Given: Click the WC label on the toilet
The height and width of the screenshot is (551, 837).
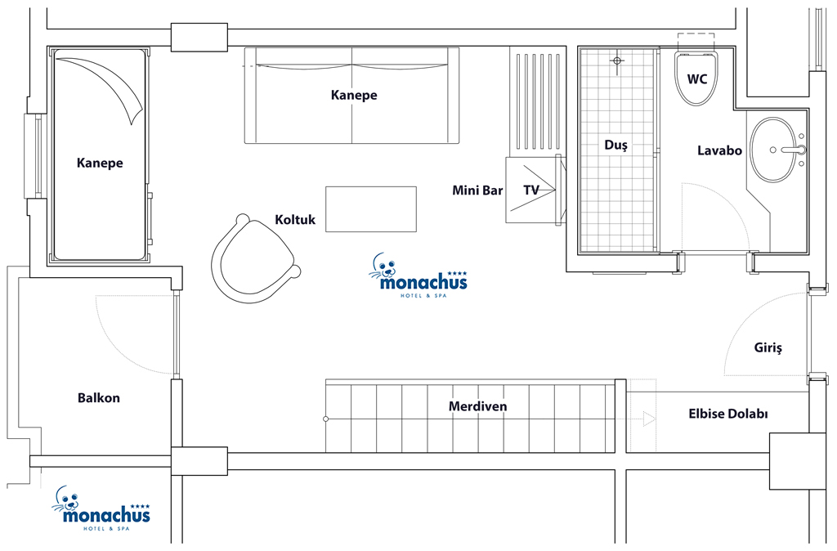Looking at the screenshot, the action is [x=696, y=79].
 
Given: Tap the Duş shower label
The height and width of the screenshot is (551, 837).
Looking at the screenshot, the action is [x=615, y=145].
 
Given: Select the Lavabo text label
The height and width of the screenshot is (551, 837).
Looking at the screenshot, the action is [x=719, y=150].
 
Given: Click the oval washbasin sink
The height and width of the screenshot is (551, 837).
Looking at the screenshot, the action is [x=777, y=150].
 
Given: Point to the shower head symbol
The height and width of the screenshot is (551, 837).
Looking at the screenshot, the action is [x=617, y=60].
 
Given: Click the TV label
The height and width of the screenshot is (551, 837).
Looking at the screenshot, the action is [x=530, y=190].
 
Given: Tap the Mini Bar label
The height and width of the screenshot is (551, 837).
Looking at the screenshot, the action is [x=477, y=190].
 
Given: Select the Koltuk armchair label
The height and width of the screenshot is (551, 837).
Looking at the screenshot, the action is [x=294, y=219].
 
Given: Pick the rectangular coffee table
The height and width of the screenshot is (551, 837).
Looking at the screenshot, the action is [x=371, y=209].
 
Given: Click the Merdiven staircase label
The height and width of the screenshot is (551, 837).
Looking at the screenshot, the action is [x=477, y=406].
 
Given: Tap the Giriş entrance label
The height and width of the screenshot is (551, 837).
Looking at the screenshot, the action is [x=768, y=348].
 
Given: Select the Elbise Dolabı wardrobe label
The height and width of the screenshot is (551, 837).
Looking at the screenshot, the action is [x=727, y=414].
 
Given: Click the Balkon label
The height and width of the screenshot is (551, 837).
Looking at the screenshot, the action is [x=98, y=398].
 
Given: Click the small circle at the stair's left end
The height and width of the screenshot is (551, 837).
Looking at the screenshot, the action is [x=325, y=419].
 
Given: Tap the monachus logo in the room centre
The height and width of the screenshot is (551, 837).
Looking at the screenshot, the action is [x=418, y=276].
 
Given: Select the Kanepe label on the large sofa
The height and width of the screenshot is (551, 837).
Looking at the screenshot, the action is [x=354, y=95].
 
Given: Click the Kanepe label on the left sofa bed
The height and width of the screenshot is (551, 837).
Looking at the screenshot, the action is [x=99, y=163].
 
